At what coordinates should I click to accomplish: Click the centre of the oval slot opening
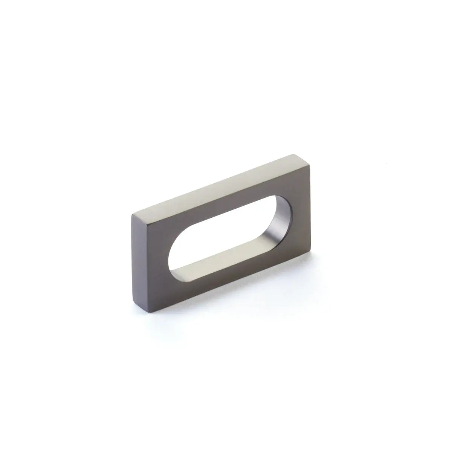tap(226, 233)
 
